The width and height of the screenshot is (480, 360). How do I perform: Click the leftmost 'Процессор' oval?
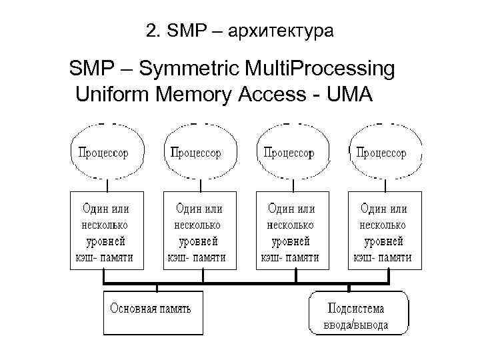click(x=107, y=152)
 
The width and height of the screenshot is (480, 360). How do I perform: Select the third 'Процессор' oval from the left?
click(x=292, y=152)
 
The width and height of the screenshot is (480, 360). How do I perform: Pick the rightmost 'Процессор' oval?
click(x=385, y=152)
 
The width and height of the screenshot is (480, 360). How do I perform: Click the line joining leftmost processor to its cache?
click(x=106, y=185)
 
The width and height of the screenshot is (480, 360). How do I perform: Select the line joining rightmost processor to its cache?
click(x=384, y=185)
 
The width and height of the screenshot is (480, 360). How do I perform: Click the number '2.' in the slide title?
click(x=151, y=31)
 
